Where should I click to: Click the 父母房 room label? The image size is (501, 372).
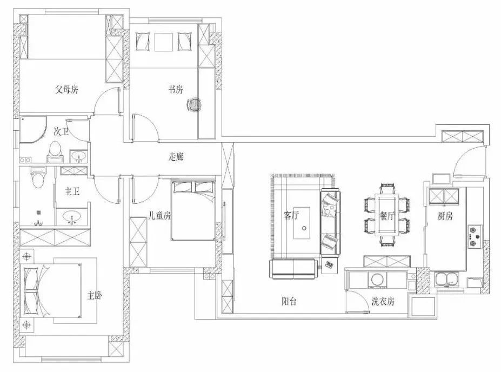click(66, 89)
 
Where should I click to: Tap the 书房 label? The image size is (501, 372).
click(176, 89)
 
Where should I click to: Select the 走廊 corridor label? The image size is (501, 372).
click(176, 157)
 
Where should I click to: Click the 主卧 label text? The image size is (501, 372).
click(95, 296)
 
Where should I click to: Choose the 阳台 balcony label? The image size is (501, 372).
click(289, 301)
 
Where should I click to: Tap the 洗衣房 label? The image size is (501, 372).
click(383, 301)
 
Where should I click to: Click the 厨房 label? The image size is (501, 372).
click(445, 216)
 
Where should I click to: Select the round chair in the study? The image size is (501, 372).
click(194, 104)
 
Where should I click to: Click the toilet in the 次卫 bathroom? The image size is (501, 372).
click(55, 152)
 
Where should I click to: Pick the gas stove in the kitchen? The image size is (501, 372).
click(475, 236)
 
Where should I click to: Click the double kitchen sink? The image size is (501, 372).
click(446, 280)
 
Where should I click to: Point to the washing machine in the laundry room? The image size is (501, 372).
click(377, 280)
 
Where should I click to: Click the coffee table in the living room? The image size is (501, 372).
click(302, 223)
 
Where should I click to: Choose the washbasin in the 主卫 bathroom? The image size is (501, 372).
click(72, 217)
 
